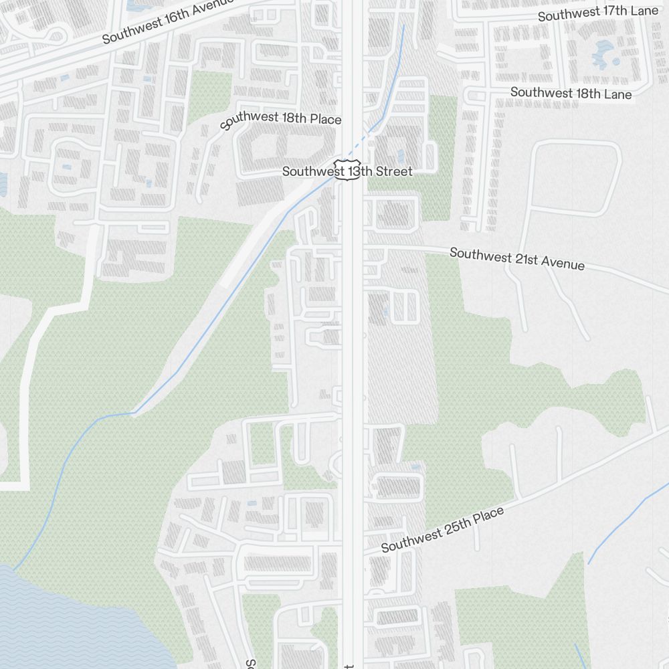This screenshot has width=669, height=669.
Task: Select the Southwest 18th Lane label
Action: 571,93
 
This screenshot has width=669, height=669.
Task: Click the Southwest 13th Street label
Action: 347,171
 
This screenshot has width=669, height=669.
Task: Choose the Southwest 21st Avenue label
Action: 517,259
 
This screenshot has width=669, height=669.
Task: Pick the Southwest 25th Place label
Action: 442,531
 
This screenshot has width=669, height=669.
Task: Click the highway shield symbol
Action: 347,169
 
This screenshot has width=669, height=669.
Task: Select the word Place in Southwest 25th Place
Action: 488,516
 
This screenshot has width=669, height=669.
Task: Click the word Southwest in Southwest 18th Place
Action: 249,119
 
